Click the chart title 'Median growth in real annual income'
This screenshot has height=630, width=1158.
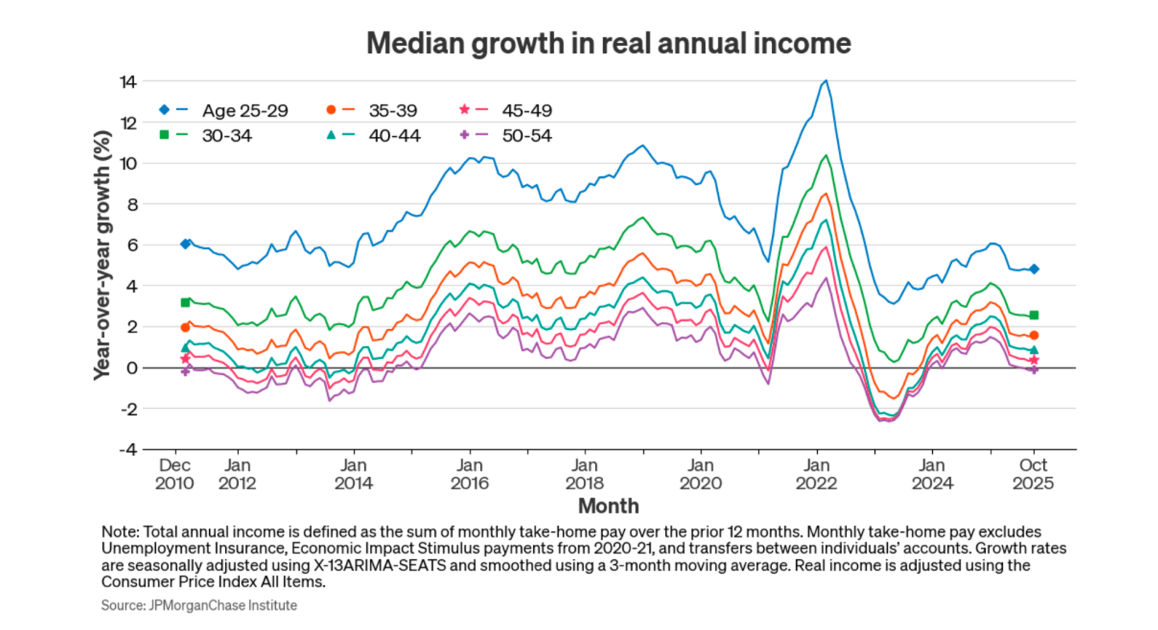(x=608, y=43)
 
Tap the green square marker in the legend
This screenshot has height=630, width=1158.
(x=164, y=135)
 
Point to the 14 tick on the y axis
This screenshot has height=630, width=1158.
(x=127, y=81)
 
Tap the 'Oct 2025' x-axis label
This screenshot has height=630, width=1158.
(x=1034, y=474)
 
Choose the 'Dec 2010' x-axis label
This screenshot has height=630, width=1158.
(x=175, y=474)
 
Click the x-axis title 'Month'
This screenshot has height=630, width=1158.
(x=608, y=506)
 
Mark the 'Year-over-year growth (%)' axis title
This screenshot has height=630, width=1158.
(x=102, y=265)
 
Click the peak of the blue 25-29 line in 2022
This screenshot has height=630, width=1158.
(x=825, y=80)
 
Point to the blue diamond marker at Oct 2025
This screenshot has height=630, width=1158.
(x=1034, y=269)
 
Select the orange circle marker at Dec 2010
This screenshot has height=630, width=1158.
(x=186, y=327)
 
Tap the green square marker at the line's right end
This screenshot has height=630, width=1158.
(x=1034, y=315)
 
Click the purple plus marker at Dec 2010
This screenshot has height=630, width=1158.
(x=186, y=371)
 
